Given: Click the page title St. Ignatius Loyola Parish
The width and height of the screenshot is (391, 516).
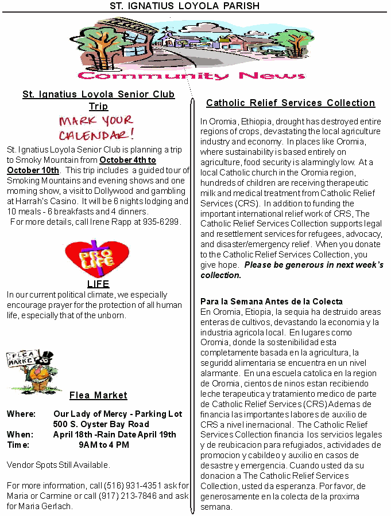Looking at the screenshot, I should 185,6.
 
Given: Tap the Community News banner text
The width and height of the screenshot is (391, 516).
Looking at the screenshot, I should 191,76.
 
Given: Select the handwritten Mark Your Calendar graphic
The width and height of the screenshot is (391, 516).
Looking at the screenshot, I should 96,128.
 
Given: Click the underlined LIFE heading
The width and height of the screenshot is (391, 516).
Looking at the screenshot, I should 98,283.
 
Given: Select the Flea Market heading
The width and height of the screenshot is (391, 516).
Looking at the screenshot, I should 98,395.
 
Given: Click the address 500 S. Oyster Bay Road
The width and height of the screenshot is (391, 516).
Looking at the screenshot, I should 101,424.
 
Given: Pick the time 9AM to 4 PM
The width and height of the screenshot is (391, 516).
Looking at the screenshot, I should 103,445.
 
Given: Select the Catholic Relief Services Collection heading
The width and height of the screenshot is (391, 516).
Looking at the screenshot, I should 291,103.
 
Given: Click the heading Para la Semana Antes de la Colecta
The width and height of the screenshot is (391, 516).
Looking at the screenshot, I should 272,302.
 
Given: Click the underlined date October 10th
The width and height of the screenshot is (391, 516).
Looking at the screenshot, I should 33,170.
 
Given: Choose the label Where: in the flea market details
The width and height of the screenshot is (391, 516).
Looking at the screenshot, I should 21,414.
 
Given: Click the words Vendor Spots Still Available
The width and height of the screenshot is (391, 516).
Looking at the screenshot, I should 58,465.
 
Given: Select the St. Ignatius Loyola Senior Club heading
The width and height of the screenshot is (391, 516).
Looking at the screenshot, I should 98,95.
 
